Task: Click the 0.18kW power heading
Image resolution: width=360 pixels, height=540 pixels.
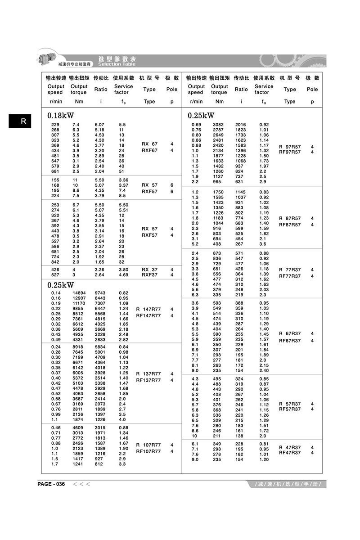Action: pyautogui.click(x=61, y=116)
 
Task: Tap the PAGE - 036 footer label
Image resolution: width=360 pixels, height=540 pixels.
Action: pyautogui.click(x=52, y=484)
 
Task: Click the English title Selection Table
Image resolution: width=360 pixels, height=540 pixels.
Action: pyautogui.click(x=117, y=64)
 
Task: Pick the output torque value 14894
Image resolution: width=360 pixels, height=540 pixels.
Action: pyautogui.click(x=79, y=293)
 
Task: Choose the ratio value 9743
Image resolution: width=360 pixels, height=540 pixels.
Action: pyautogui.click(x=101, y=293)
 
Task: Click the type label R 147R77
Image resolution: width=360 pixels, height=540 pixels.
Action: pyautogui.click(x=148, y=309)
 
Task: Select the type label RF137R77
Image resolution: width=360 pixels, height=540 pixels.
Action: pyautogui.click(x=148, y=380)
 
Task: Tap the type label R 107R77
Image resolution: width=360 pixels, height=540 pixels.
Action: pyautogui.click(x=148, y=445)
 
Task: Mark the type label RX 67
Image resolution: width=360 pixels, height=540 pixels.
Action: pyautogui.click(x=150, y=144)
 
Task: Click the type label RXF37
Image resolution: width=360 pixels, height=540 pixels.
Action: pyautogui.click(x=150, y=275)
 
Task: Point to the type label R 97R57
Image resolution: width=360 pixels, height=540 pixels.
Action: pyautogui.click(x=290, y=147)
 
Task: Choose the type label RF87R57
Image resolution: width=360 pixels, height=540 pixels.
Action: pyautogui.click(x=290, y=225)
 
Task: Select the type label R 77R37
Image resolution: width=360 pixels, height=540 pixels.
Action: pyautogui.click(x=290, y=270)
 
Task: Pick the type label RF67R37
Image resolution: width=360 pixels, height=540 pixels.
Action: pyautogui.click(x=290, y=341)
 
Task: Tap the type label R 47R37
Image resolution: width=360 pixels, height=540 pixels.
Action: pyautogui.click(x=290, y=447)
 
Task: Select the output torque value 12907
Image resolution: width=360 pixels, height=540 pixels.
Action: pyautogui.click(x=79, y=298)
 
